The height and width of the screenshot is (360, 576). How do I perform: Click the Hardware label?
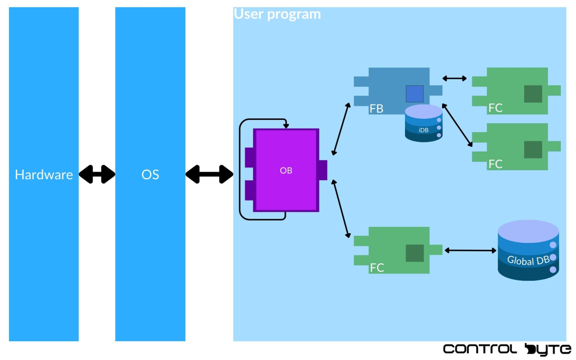44,175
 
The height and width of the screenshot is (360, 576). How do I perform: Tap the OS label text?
150,175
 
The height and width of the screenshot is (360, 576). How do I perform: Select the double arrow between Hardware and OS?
97,174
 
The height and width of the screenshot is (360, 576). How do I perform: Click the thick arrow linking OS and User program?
209,174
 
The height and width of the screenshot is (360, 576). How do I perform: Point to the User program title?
277,14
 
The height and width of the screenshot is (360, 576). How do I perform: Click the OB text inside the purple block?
286,171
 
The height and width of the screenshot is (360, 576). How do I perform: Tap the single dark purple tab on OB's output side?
323,170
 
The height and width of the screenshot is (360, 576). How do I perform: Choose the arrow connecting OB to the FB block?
341,129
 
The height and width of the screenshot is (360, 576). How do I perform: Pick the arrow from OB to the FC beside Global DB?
341,208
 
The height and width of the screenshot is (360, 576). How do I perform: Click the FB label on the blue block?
376,109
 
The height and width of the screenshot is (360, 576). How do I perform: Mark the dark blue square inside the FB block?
414,94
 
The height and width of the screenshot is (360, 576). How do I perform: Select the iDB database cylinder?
423,124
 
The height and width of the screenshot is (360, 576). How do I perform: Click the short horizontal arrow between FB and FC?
454,78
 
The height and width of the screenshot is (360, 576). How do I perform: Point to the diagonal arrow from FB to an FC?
457,125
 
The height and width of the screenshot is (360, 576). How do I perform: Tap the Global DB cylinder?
528,250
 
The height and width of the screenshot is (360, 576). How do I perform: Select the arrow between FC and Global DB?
470,250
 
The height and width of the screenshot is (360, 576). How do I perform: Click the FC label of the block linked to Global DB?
376,268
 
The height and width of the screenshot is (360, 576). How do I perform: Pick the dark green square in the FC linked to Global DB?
414,253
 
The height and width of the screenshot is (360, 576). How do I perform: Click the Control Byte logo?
507,349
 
